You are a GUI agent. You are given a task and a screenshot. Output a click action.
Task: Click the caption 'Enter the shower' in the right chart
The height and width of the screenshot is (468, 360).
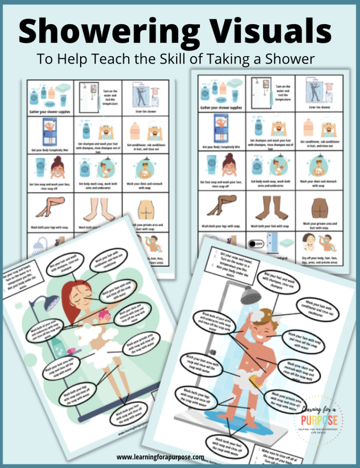point(320,107)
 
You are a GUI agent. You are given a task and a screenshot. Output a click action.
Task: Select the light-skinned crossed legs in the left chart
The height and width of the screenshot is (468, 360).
point(50,207)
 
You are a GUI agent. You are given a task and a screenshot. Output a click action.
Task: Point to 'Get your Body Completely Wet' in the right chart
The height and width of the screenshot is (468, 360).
point(221,148)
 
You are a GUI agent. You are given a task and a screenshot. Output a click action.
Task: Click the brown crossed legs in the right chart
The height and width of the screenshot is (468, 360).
point(221,205)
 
